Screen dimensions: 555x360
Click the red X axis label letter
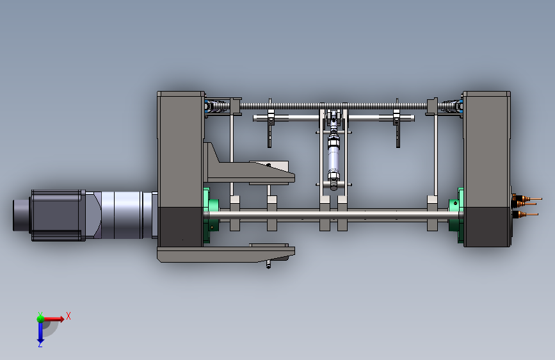point(68,316)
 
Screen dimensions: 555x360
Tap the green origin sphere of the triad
point(40,318)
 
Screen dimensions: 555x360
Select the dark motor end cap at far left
point(22,215)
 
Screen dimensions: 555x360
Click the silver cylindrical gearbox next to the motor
point(122,215)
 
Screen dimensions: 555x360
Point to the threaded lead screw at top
point(334,106)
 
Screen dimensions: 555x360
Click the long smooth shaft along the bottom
point(333,215)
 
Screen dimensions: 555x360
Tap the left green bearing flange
point(211,215)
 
